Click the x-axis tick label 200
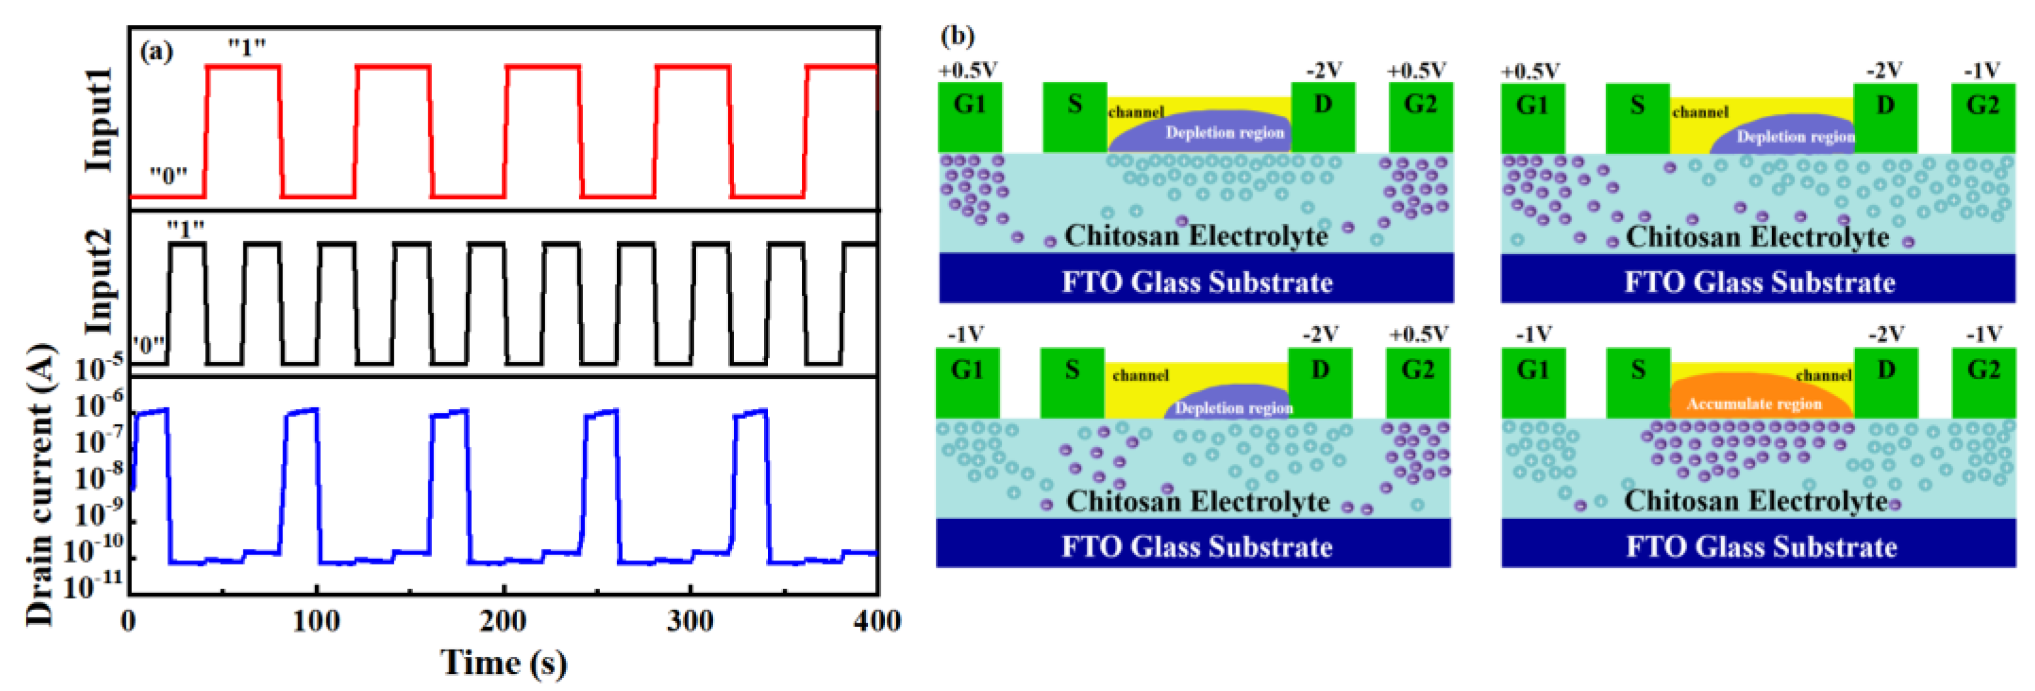click(503, 621)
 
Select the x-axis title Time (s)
click(503, 663)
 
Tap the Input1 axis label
click(99, 118)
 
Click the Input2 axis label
click(99, 281)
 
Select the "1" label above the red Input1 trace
click(247, 47)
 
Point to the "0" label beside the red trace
click(169, 175)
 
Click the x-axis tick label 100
click(316, 621)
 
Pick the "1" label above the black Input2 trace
click(186, 229)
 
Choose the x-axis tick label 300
click(690, 621)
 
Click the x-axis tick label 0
click(129, 621)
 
